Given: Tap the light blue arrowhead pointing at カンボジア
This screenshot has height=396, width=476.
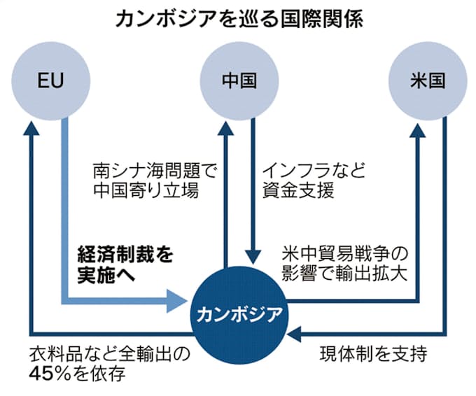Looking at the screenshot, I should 179,303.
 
